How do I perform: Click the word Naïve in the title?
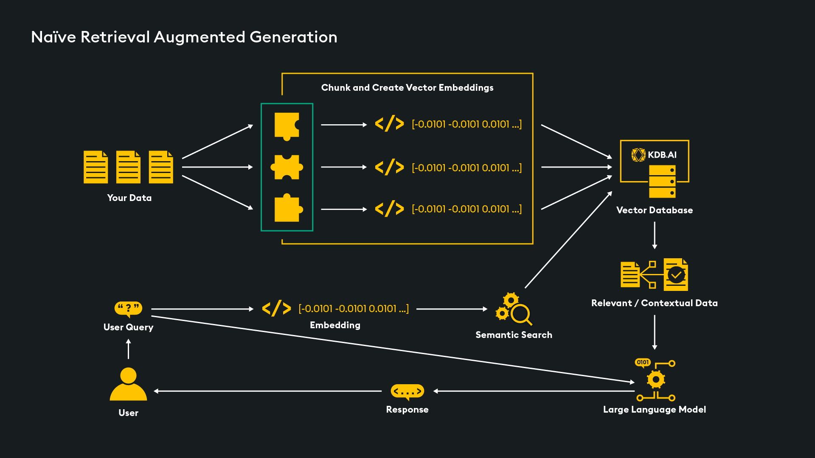pos(53,37)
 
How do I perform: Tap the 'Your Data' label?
pos(129,198)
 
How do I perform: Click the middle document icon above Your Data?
pos(128,167)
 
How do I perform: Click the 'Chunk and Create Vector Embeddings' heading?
pos(407,88)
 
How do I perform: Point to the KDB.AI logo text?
pos(662,155)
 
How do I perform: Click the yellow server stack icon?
pos(662,182)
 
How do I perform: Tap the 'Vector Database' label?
pos(654,210)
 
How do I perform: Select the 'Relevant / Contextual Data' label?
pos(654,303)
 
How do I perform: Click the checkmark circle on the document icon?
pos(676,275)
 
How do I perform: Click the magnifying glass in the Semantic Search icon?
pos(520,315)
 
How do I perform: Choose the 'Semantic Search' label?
pos(514,335)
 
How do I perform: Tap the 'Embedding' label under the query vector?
pos(335,325)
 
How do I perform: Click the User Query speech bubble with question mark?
pos(128,308)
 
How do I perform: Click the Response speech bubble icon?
pos(407,391)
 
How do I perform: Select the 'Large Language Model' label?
pos(654,410)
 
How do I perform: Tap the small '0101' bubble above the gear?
pos(643,362)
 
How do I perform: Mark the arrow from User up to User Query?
pos(129,349)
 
